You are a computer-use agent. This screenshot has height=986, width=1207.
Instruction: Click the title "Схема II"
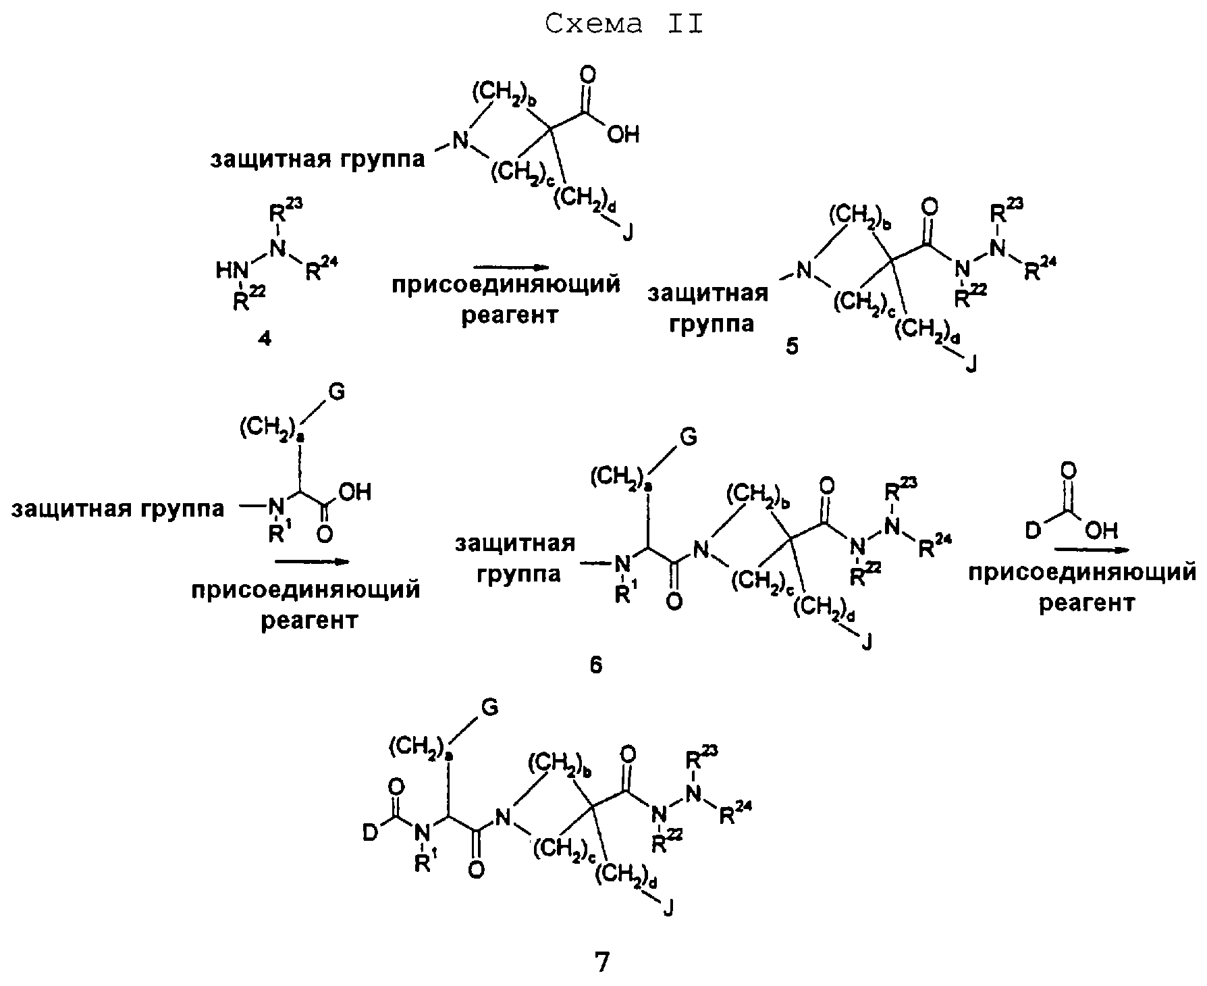[x=624, y=24]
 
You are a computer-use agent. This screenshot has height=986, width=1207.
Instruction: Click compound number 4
[x=265, y=340]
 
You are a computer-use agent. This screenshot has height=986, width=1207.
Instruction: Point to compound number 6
[x=595, y=666]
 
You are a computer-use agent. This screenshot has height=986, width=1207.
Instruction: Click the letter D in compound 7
[x=369, y=835]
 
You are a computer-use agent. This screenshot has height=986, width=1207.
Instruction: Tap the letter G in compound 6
[x=687, y=438]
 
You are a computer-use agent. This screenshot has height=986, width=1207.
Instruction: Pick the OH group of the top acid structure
[x=622, y=135]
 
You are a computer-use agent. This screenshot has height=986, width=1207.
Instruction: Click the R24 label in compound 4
[x=319, y=271]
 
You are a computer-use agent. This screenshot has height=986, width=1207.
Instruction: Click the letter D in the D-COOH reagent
[x=1033, y=532]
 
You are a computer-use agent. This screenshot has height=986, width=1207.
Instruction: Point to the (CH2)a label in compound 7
[x=419, y=748]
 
